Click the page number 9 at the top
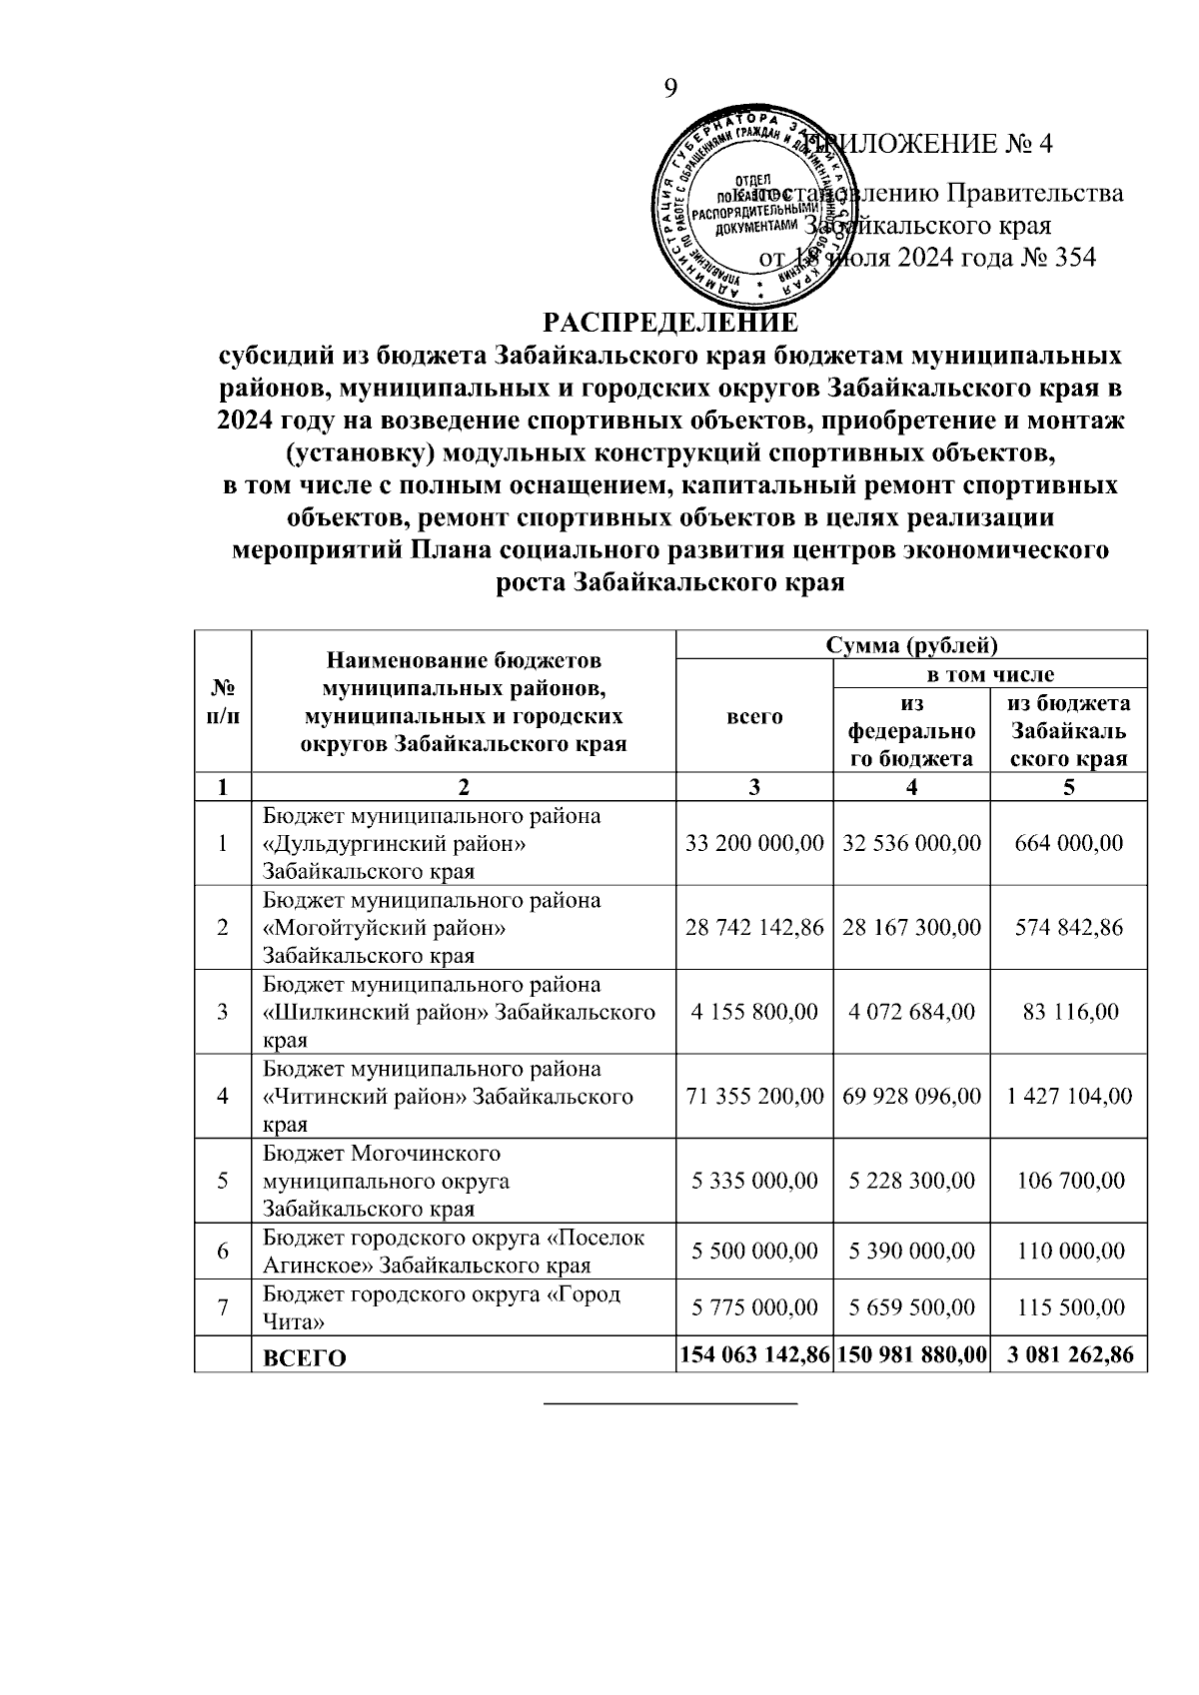670,89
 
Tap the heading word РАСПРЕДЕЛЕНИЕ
670,323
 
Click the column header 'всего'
754,716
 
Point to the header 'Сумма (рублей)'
911,644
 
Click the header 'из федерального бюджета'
911,731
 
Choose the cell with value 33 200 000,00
754,843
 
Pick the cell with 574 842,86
1068,927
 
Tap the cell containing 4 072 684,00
911,1012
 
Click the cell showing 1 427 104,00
1069,1096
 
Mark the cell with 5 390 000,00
911,1251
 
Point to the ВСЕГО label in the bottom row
304,1358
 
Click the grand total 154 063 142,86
754,1355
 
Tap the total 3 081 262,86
1069,1355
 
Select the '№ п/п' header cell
224,701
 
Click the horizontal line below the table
670,1404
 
